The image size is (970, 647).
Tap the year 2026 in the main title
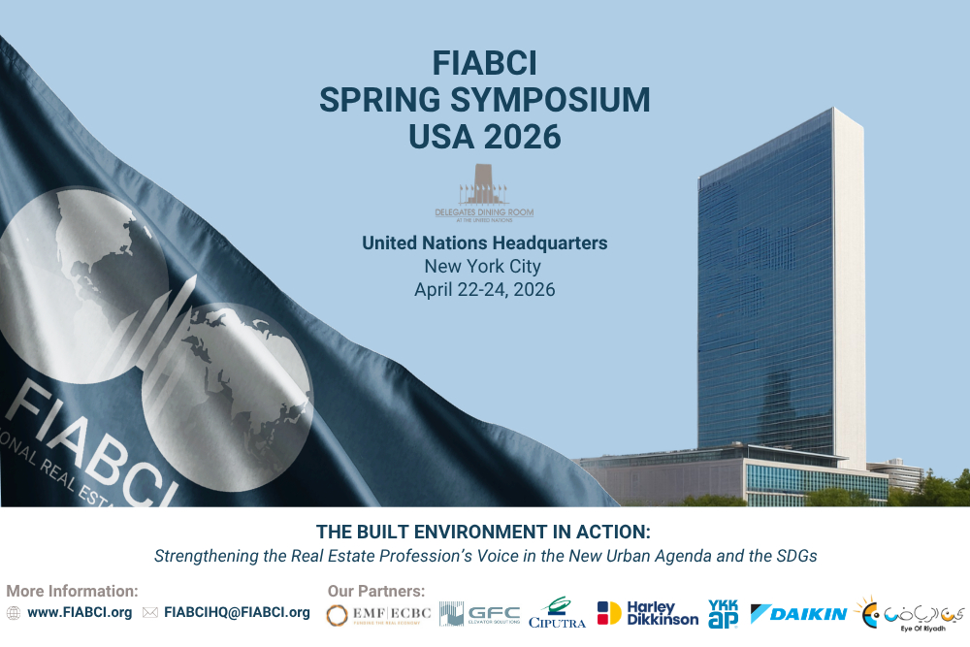click(524, 137)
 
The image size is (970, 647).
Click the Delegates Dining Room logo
click(484, 193)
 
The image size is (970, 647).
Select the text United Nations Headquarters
click(484, 243)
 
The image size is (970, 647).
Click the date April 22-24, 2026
click(484, 289)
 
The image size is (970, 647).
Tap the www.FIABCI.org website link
click(80, 612)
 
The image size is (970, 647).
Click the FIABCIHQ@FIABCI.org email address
click(237, 612)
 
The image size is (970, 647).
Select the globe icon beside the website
click(14, 613)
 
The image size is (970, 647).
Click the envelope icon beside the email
click(149, 613)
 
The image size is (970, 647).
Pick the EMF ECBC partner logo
click(378, 615)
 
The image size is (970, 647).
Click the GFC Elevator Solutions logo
click(479, 614)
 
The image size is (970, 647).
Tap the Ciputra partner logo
click(557, 613)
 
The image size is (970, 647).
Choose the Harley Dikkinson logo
click(647, 613)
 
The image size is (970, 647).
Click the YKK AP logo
click(723, 613)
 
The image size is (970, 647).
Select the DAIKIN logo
click(798, 614)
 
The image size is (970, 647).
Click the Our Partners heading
click(375, 591)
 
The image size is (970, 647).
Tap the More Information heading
click(72, 591)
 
